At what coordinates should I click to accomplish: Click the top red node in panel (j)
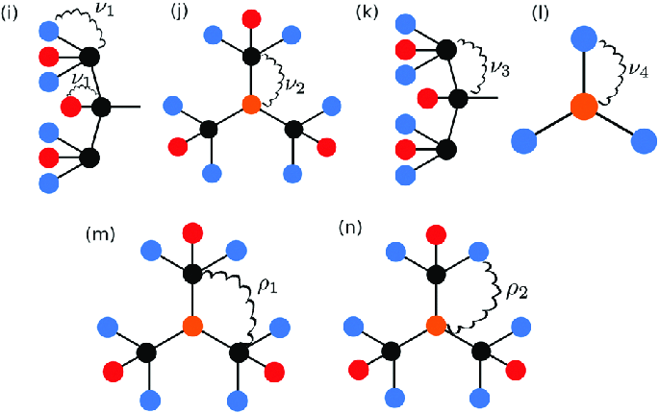251,17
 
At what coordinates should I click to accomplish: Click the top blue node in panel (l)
582,37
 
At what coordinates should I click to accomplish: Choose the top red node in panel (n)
437,233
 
